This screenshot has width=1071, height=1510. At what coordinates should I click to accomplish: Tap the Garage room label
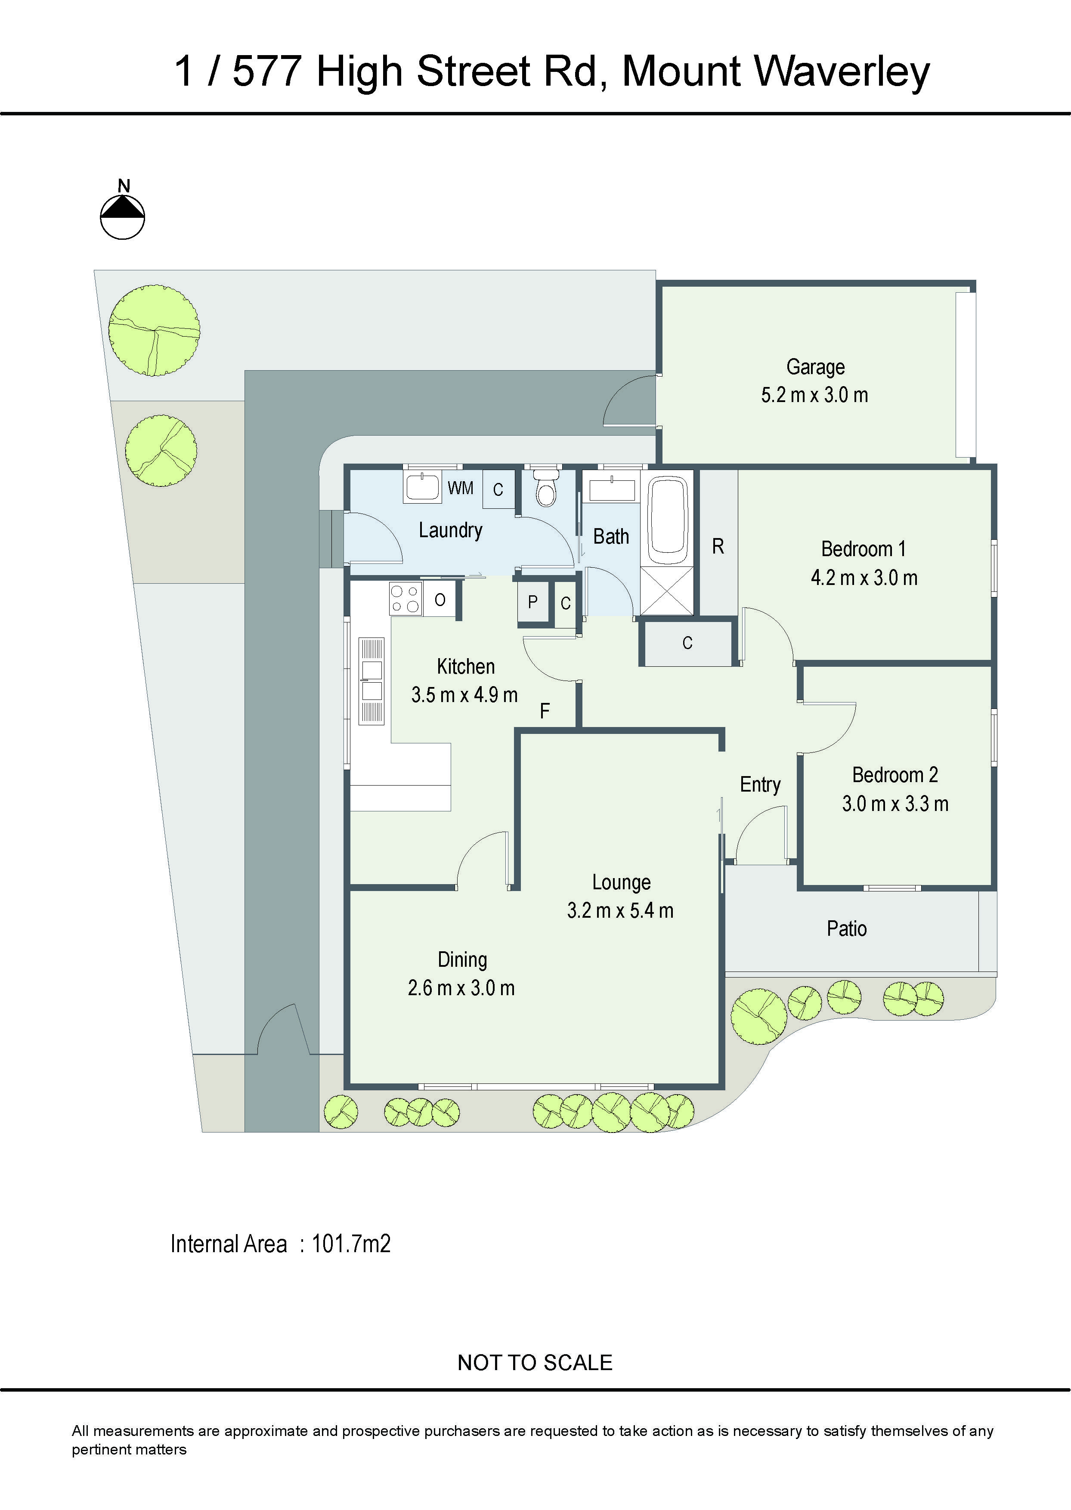click(x=815, y=367)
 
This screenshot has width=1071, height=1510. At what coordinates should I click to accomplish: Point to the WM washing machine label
click(x=460, y=489)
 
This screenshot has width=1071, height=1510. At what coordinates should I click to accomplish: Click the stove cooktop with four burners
click(x=405, y=599)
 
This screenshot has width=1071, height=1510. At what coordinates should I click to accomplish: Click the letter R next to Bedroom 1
click(x=718, y=547)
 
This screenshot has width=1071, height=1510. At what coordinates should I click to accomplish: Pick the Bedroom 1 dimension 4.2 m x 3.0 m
click(x=864, y=578)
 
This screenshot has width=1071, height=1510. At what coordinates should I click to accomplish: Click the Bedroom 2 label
click(x=895, y=775)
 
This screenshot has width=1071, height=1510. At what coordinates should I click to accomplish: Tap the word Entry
click(x=760, y=785)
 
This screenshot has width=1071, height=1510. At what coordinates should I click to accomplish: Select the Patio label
click(x=846, y=929)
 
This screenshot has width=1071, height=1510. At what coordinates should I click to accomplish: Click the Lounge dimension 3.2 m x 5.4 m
click(x=620, y=911)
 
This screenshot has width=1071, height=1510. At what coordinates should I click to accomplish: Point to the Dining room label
click(x=462, y=960)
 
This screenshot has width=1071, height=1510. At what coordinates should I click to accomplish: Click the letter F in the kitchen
click(x=545, y=711)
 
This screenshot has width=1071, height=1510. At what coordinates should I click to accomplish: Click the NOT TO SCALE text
click(x=535, y=1363)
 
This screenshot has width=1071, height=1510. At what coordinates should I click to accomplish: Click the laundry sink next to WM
click(x=422, y=488)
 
